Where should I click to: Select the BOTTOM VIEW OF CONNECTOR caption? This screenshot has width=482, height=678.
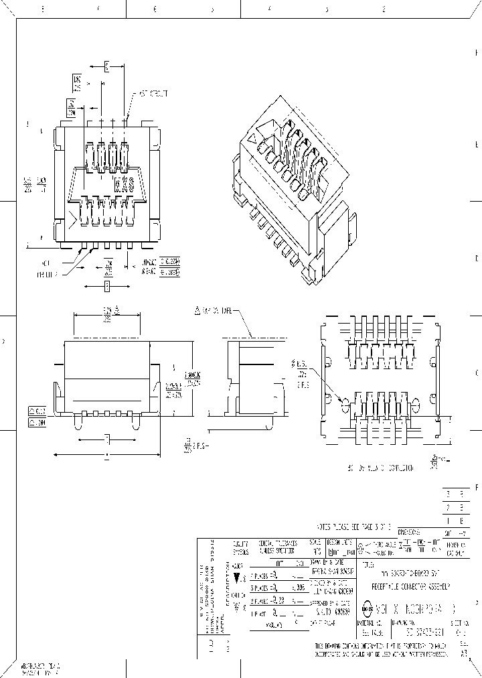380,467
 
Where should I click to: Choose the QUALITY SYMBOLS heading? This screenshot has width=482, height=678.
240,547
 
